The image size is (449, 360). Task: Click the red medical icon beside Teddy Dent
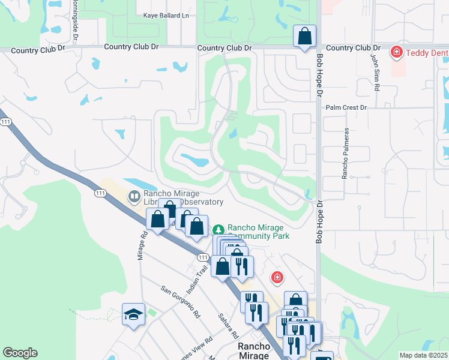pos(396,53)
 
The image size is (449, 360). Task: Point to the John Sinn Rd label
pos(375,73)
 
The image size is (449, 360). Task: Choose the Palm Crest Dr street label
pos(346,107)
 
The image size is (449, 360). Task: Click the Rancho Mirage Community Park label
pos(258,232)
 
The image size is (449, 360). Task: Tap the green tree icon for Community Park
pos(218,229)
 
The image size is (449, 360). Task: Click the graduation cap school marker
pos(133,314)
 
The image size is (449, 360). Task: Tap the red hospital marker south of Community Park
pos(277,277)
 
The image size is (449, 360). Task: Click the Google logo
pos(20,353)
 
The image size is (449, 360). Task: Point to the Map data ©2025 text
pos(423,355)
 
